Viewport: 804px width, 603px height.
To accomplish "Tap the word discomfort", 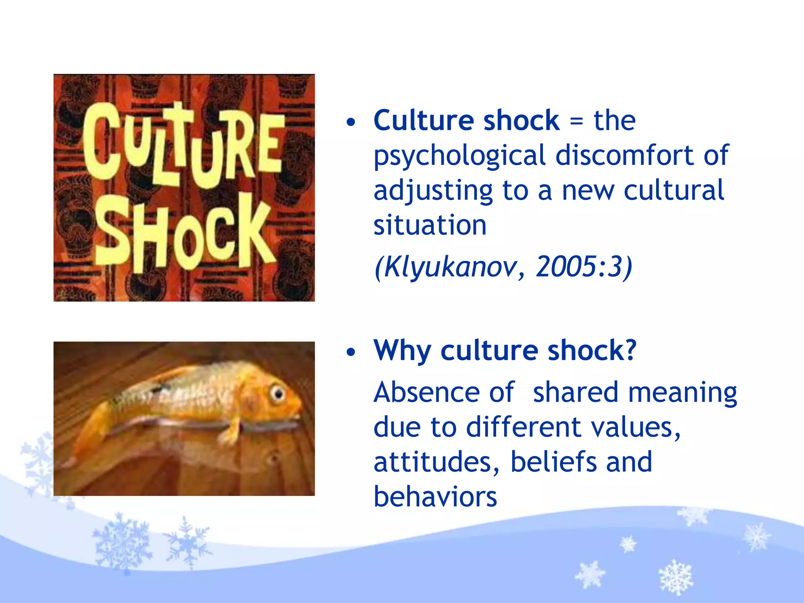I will click(x=624, y=155).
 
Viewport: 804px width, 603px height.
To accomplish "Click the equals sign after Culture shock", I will click(x=576, y=121).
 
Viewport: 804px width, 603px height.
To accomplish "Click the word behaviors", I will click(x=435, y=497).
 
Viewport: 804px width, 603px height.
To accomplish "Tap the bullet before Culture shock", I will click(x=351, y=122).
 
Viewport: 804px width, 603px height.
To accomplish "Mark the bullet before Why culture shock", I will click(x=351, y=352).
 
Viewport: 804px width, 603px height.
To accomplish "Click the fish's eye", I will click(x=278, y=393).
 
